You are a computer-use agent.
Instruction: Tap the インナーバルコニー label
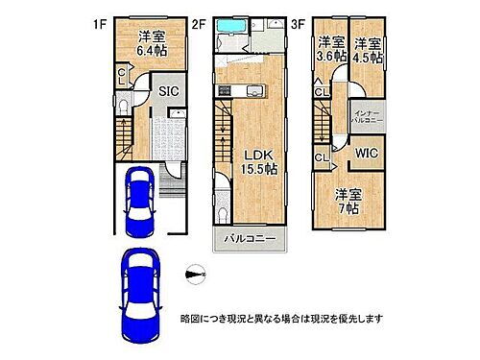coord(367,114)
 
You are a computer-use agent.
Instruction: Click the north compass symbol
coord(198,276)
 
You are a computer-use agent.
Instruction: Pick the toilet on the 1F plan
coord(123,106)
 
